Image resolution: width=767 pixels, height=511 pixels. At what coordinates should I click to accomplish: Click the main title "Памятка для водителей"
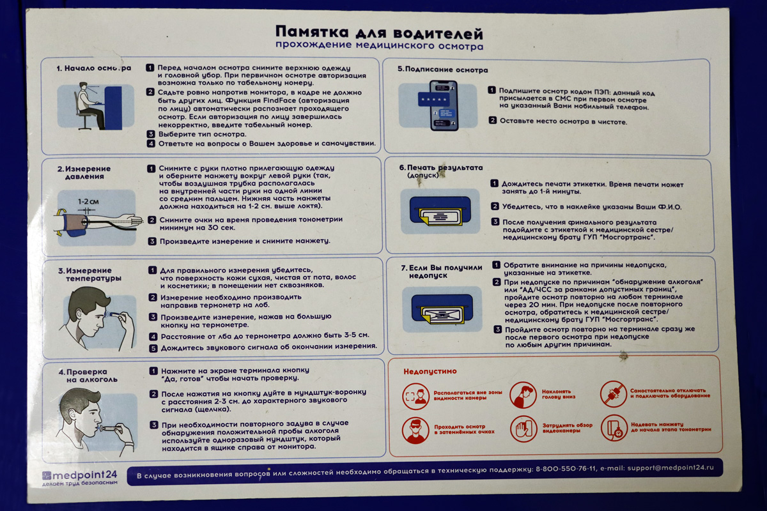[x=379, y=33]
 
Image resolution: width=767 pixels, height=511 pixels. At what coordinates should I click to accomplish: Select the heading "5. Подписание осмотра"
[x=442, y=70]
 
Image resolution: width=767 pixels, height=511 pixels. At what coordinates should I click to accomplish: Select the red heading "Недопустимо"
[x=430, y=371]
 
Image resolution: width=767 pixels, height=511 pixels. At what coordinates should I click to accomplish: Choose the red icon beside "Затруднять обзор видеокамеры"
[x=523, y=429]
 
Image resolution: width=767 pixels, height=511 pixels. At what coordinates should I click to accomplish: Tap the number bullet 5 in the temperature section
[x=153, y=348]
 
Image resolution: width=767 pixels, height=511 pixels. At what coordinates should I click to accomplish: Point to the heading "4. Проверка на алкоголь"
[x=82, y=376]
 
